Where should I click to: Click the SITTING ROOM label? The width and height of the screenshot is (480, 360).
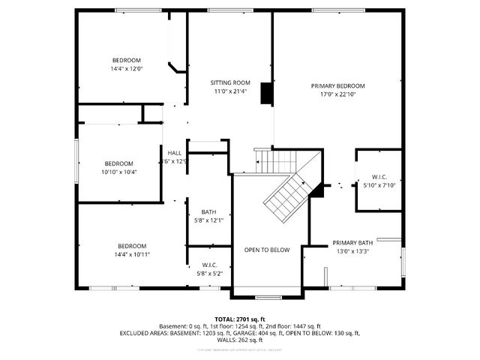pos(229,82)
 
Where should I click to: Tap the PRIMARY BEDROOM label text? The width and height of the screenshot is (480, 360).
pos(337,86)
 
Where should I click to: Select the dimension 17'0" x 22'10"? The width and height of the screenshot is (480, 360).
pos(337,94)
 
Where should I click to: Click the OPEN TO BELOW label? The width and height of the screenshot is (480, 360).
pos(266,250)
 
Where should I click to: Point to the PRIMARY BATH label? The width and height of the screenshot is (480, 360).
pos(352,243)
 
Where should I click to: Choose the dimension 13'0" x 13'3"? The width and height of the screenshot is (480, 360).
pos(352,251)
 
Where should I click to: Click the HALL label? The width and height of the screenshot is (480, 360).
pos(175,153)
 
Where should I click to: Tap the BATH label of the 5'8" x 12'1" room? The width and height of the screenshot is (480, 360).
pos(208,212)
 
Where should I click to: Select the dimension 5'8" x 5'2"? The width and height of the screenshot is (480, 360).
pos(208,273)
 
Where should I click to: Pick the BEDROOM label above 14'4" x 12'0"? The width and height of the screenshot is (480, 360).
pos(126,60)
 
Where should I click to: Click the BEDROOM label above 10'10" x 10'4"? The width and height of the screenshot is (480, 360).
pos(118,163)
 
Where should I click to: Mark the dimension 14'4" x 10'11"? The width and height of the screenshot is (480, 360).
pos(131,254)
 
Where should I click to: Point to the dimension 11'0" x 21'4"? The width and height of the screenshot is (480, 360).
pos(229,91)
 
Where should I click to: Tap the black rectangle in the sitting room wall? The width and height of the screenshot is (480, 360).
pos(265,93)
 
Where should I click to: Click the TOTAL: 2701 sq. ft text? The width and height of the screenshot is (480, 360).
pos(239,319)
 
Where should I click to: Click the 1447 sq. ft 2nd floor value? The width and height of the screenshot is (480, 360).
pos(307,326)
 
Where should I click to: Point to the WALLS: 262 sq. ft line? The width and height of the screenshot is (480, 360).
pos(239,340)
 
